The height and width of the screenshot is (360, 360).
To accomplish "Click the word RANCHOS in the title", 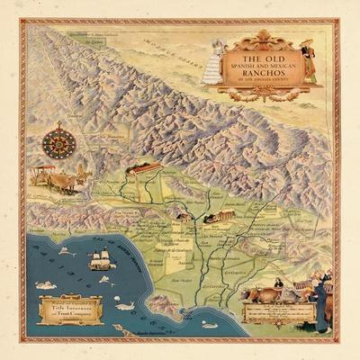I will (x=262, y=71).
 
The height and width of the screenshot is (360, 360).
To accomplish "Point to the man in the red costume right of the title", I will (x=309, y=61).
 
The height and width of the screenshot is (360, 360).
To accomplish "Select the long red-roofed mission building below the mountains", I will (x=148, y=168).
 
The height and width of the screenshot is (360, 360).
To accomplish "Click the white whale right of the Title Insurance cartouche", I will (x=125, y=306).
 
